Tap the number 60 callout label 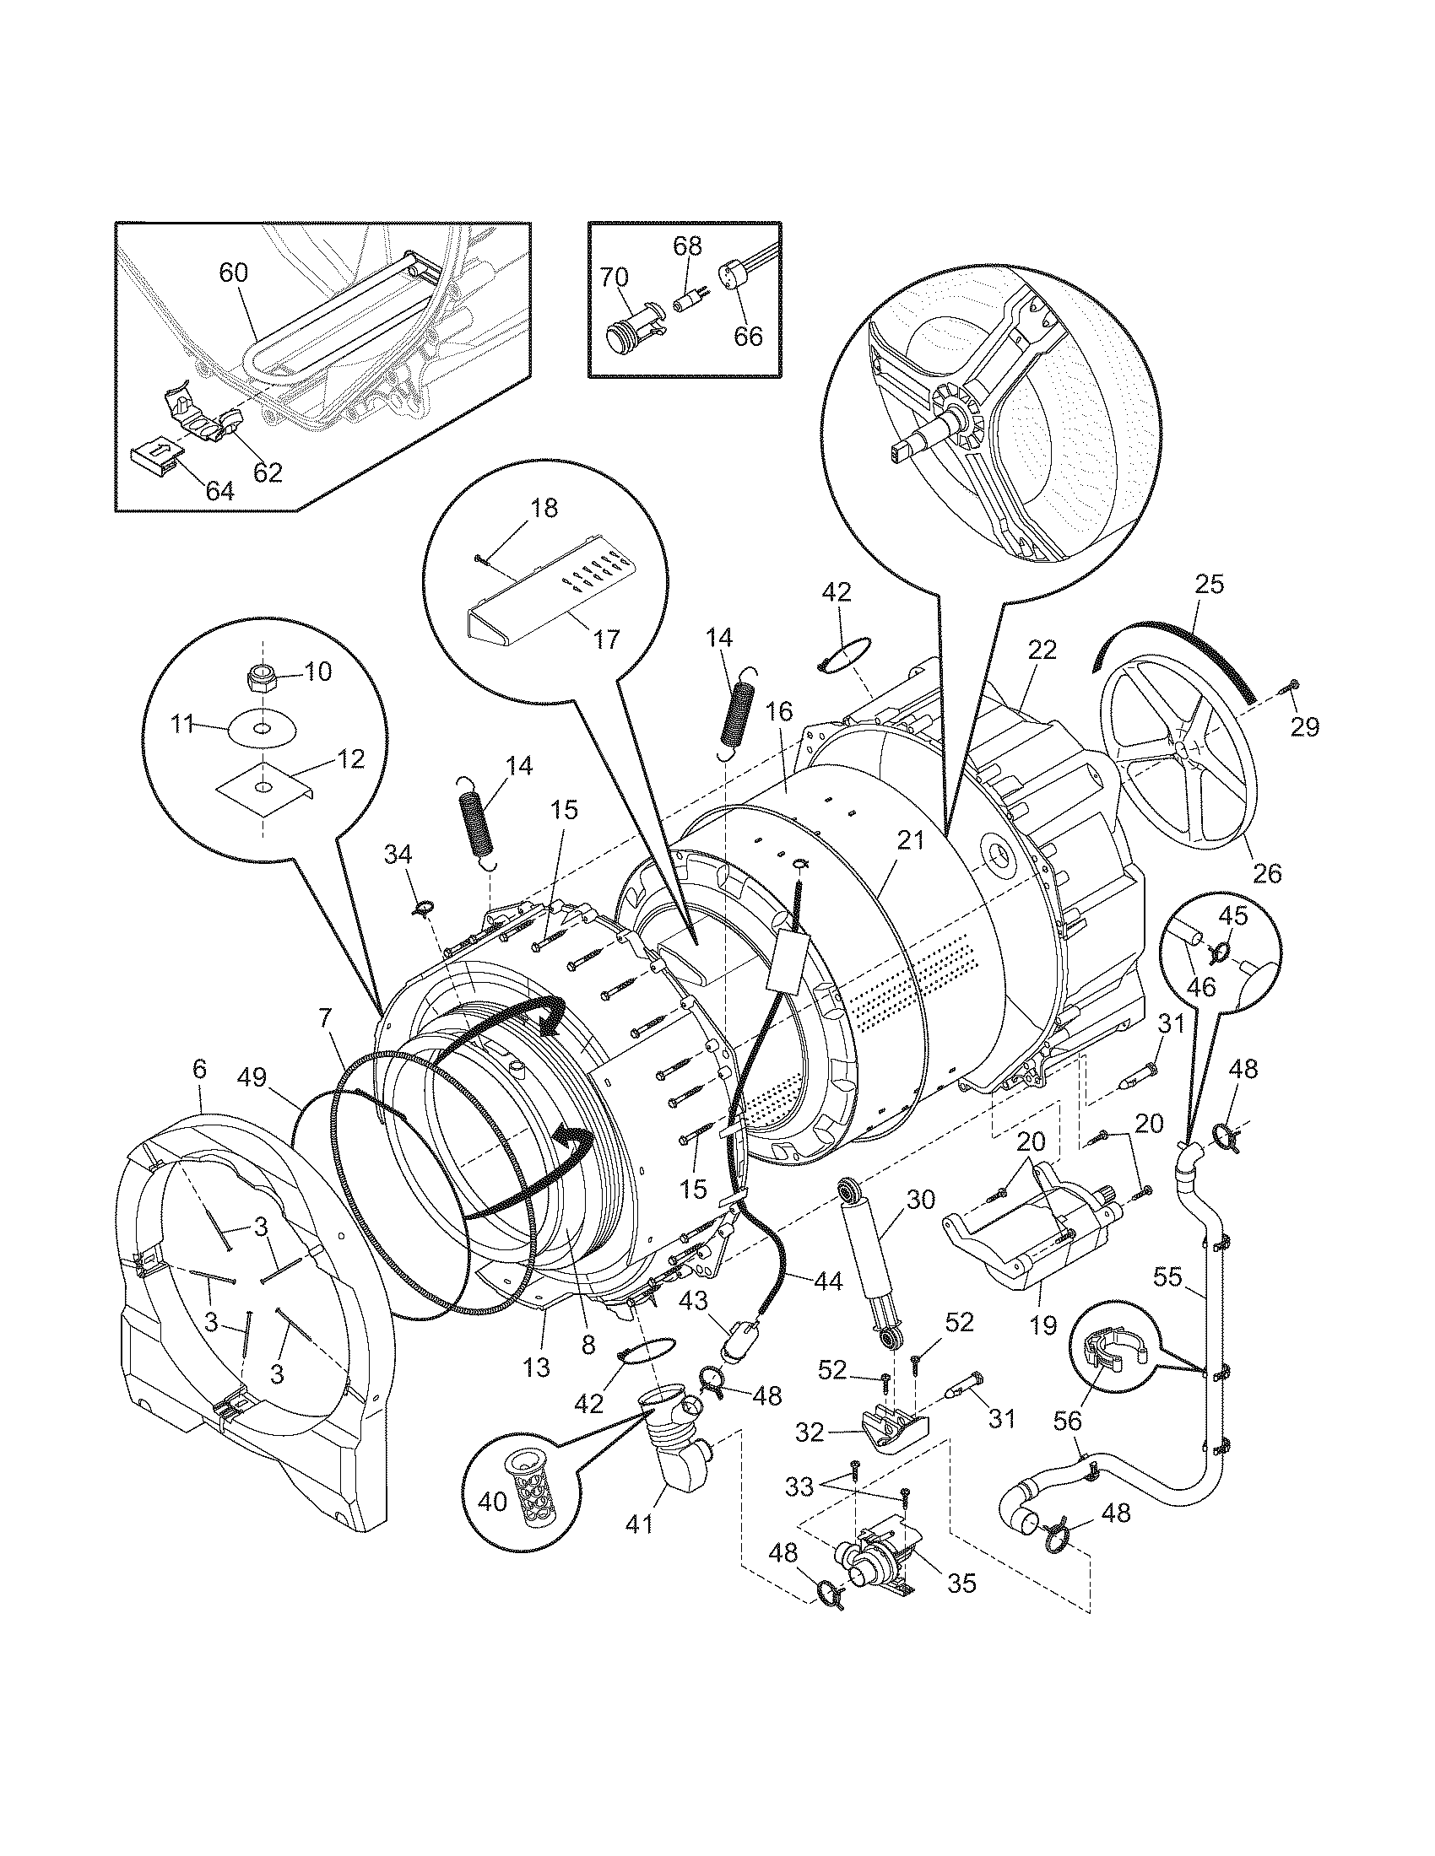click(234, 272)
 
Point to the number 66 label click(748, 337)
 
